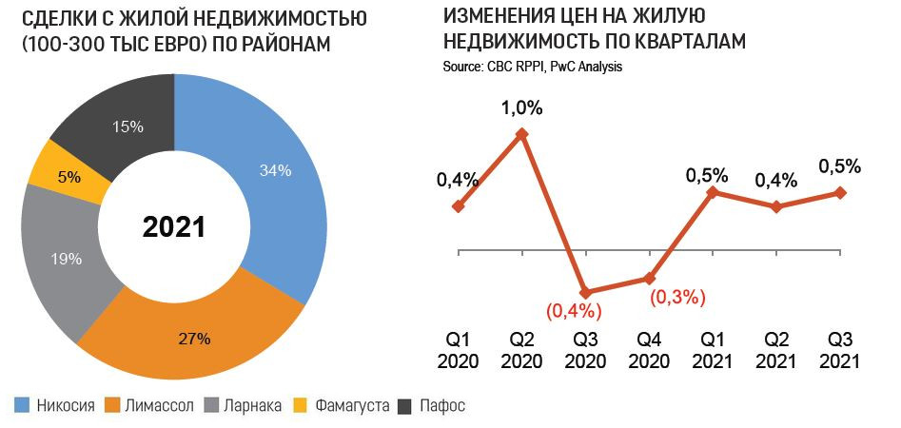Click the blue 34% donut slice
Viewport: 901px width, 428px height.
click(276, 171)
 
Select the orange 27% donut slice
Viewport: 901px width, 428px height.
click(195, 338)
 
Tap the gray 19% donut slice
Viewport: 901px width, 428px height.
click(67, 258)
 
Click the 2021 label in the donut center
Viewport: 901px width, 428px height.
click(173, 226)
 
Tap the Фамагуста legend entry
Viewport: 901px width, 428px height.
click(343, 406)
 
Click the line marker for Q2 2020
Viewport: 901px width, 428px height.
click(521, 134)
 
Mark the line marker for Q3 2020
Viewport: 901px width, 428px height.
click(585, 292)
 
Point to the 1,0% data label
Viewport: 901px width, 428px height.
click(521, 107)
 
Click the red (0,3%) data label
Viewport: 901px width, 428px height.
click(677, 297)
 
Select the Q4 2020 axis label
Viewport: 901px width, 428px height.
click(650, 350)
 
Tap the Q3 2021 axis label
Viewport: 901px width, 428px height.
click(838, 350)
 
